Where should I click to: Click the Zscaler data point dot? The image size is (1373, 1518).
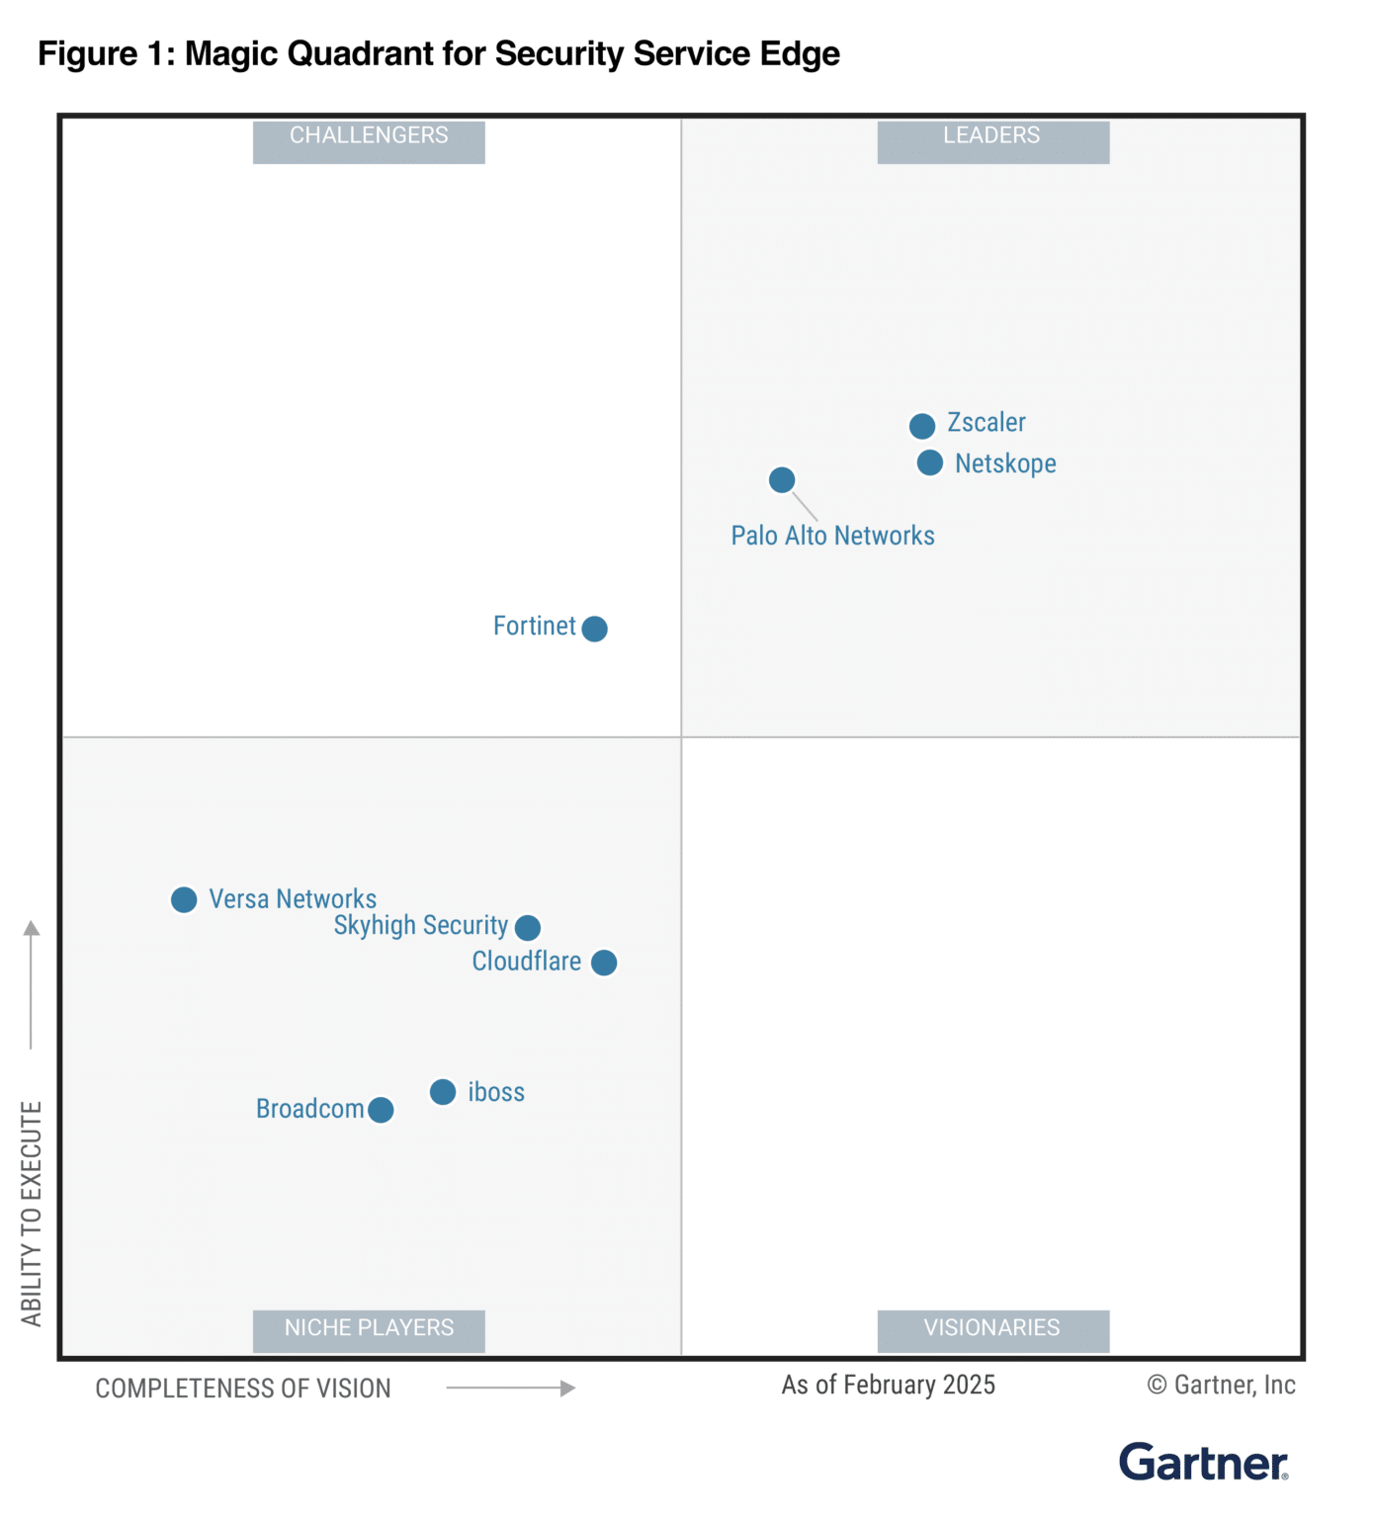tap(921, 426)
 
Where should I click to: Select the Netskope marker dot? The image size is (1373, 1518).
tap(929, 463)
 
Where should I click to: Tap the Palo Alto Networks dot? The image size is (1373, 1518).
tap(781, 480)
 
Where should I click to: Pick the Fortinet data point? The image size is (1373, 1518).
tap(594, 629)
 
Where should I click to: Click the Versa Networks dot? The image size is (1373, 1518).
tap(184, 899)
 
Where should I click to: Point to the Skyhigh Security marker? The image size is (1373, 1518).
tap(528, 928)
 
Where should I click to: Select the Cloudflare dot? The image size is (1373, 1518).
tap(604, 963)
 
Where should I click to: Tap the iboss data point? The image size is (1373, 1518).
tap(443, 1092)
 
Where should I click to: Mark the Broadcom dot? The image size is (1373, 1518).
tap(381, 1111)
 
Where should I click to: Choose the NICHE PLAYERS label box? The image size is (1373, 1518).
tap(369, 1329)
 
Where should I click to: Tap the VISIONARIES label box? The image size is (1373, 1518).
tap(992, 1329)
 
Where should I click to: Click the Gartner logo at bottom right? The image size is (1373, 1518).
tap(1203, 1463)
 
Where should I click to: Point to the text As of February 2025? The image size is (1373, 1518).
tap(888, 1386)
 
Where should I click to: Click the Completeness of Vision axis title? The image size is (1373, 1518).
tap(243, 1389)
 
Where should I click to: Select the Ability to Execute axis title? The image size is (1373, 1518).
tap(32, 1213)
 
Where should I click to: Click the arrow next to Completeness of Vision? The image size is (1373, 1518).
tap(511, 1389)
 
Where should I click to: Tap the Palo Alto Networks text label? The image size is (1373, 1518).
tap(832, 536)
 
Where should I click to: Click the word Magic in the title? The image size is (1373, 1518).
tap(231, 53)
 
